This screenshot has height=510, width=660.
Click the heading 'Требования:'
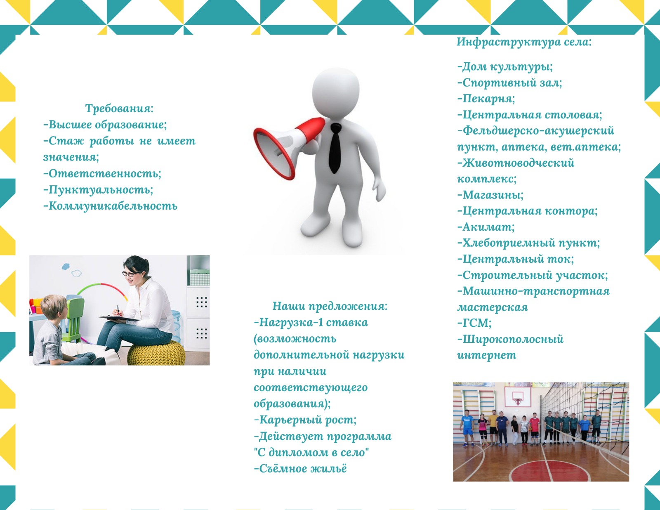[119, 109]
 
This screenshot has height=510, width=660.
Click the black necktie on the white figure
[335, 148]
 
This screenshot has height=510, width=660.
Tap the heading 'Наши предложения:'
[330, 306]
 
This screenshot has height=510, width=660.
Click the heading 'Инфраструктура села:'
[524, 42]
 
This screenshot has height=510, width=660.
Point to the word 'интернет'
[487, 355]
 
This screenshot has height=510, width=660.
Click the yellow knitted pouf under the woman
[156, 352]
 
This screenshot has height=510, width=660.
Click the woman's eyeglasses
[130, 274]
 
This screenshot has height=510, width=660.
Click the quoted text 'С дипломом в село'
[311, 453]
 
